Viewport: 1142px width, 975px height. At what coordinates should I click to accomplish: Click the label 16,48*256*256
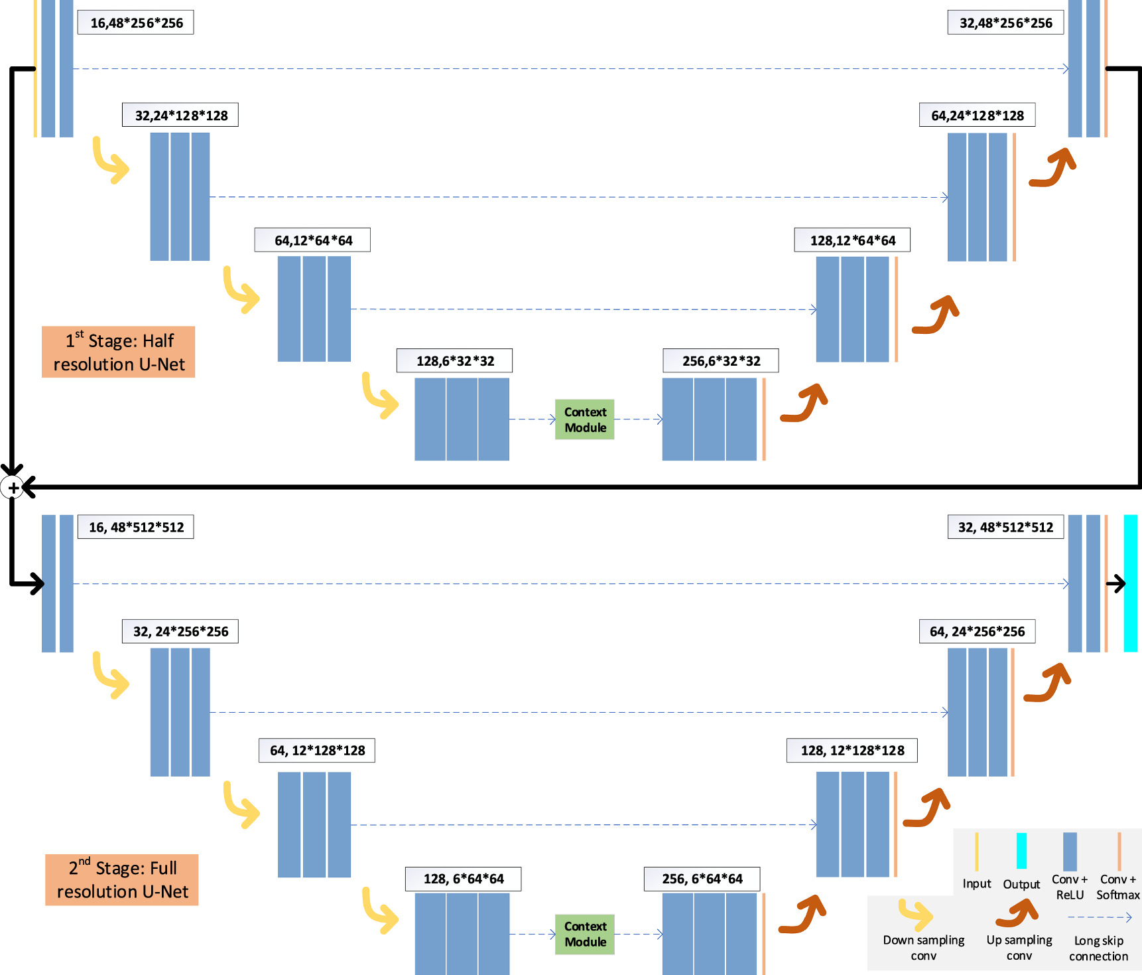pyautogui.click(x=136, y=23)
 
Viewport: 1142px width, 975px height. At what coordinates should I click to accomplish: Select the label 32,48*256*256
pyautogui.click(x=1005, y=23)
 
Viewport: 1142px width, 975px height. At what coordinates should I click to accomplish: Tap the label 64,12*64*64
pyautogui.click(x=312, y=240)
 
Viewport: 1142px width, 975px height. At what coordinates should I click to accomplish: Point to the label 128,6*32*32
pyautogui.click(x=455, y=361)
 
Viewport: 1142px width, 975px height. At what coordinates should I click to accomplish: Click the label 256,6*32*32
pyautogui.click(x=721, y=361)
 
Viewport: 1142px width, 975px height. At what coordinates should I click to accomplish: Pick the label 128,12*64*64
pyautogui.click(x=852, y=240)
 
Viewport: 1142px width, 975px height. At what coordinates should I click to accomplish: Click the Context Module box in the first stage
pyautogui.click(x=585, y=419)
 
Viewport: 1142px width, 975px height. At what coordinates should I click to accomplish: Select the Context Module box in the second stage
pyautogui.click(x=585, y=934)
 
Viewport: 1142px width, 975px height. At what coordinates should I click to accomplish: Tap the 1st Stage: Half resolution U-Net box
pyautogui.click(x=119, y=352)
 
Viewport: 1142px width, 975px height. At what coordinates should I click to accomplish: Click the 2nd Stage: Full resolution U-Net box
pyautogui.click(x=122, y=879)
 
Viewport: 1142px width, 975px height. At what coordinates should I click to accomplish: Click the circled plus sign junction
pyautogui.click(x=13, y=488)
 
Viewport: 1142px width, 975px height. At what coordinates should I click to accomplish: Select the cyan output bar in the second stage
pyautogui.click(x=1130, y=583)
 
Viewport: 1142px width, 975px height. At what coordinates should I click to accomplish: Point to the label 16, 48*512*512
pyautogui.click(x=136, y=527)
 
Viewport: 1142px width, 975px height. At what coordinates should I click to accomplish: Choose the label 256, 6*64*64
pyautogui.click(x=702, y=879)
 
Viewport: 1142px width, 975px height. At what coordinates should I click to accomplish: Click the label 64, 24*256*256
pyautogui.click(x=977, y=631)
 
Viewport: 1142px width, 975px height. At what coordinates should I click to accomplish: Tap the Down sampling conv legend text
pyautogui.click(x=923, y=948)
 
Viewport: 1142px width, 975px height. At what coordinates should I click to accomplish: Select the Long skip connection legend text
pyautogui.click(x=1098, y=948)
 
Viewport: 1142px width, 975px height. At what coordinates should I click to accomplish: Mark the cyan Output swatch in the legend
pyautogui.click(x=1021, y=851)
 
